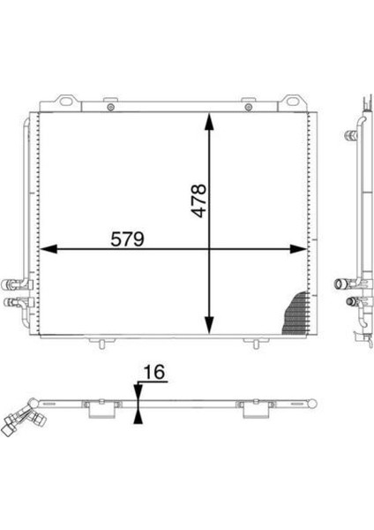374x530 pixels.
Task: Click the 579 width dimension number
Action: tap(128, 239)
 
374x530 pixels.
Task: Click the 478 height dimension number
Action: tap(198, 201)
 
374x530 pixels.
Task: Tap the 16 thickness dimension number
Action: tap(154, 372)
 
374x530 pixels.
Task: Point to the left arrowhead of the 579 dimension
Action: tap(48, 249)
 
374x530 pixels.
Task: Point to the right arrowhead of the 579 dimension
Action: tap(298, 249)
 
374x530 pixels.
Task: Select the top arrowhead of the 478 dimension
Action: tap(209, 122)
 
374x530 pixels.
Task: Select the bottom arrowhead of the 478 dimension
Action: tap(209, 325)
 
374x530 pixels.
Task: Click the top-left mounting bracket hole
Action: tap(67, 101)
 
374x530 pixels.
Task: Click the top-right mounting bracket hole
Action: tap(292, 101)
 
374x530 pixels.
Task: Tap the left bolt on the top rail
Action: tap(110, 108)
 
